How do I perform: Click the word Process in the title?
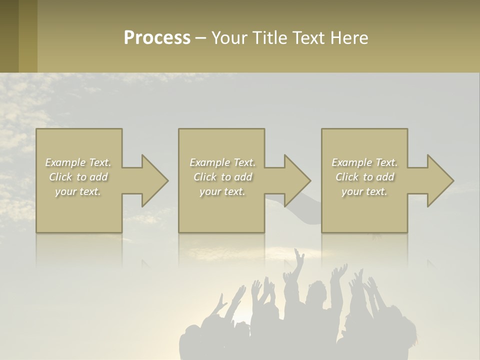point(157,38)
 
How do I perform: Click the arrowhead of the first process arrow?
point(154,180)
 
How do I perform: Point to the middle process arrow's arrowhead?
point(297,180)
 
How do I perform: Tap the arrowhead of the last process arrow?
point(440,180)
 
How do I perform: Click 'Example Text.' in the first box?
point(78,162)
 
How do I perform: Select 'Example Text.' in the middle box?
point(222,162)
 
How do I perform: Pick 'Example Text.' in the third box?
point(364,162)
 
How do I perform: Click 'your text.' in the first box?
point(78,191)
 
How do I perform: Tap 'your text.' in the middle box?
point(222,191)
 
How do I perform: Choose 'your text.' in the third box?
point(364,191)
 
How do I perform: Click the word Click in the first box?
point(60,177)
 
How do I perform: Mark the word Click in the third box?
point(347,177)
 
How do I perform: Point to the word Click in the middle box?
point(205,177)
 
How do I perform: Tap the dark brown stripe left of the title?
point(9,36)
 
